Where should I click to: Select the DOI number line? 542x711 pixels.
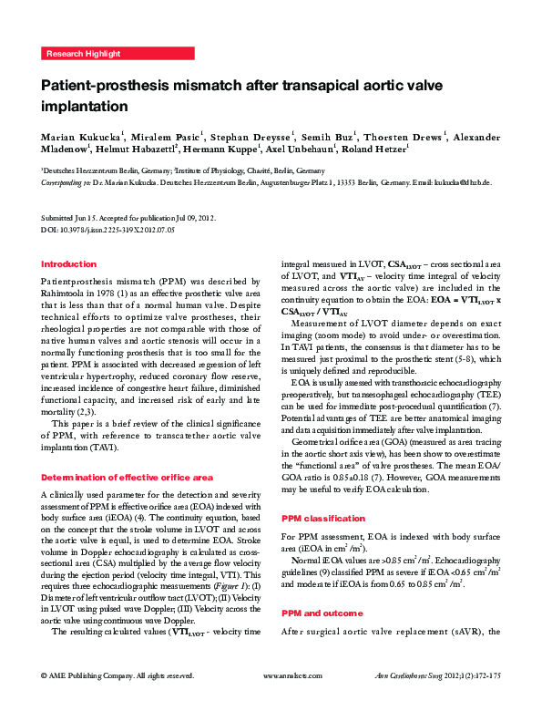[108, 231]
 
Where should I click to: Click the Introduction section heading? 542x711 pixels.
[69, 264]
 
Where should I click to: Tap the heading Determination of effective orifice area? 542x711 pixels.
[128, 477]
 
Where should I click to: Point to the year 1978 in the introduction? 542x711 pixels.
[134, 294]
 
